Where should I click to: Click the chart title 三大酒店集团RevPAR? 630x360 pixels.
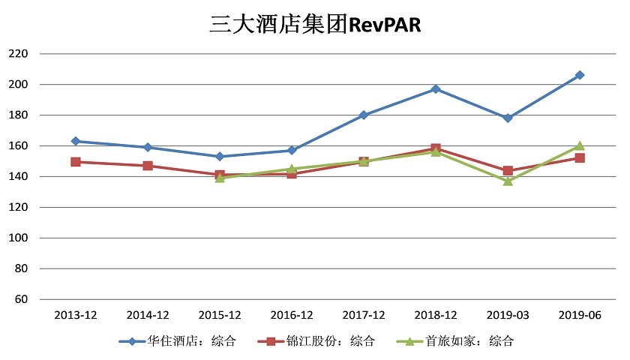click(x=315, y=25)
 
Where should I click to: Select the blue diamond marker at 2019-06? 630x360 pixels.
click(x=580, y=75)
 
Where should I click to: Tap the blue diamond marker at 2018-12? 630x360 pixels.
click(x=436, y=89)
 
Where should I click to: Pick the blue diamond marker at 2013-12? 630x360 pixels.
click(x=76, y=141)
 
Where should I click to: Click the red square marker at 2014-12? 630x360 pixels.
click(x=148, y=166)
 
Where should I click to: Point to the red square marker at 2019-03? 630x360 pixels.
click(x=508, y=171)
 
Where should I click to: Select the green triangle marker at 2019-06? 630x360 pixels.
click(x=580, y=145)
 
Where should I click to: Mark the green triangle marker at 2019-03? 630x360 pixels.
click(x=508, y=181)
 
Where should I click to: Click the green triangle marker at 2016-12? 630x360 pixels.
click(x=292, y=169)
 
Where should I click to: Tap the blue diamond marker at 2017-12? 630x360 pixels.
click(x=364, y=115)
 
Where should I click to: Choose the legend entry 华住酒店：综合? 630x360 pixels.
click(x=178, y=341)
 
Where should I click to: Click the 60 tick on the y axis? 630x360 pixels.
click(x=20, y=299)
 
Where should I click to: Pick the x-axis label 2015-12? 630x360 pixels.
click(x=220, y=315)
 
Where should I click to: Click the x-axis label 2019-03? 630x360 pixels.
click(x=508, y=315)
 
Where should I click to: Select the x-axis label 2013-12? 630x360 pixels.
click(x=76, y=315)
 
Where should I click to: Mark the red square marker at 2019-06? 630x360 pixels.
click(x=580, y=158)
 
